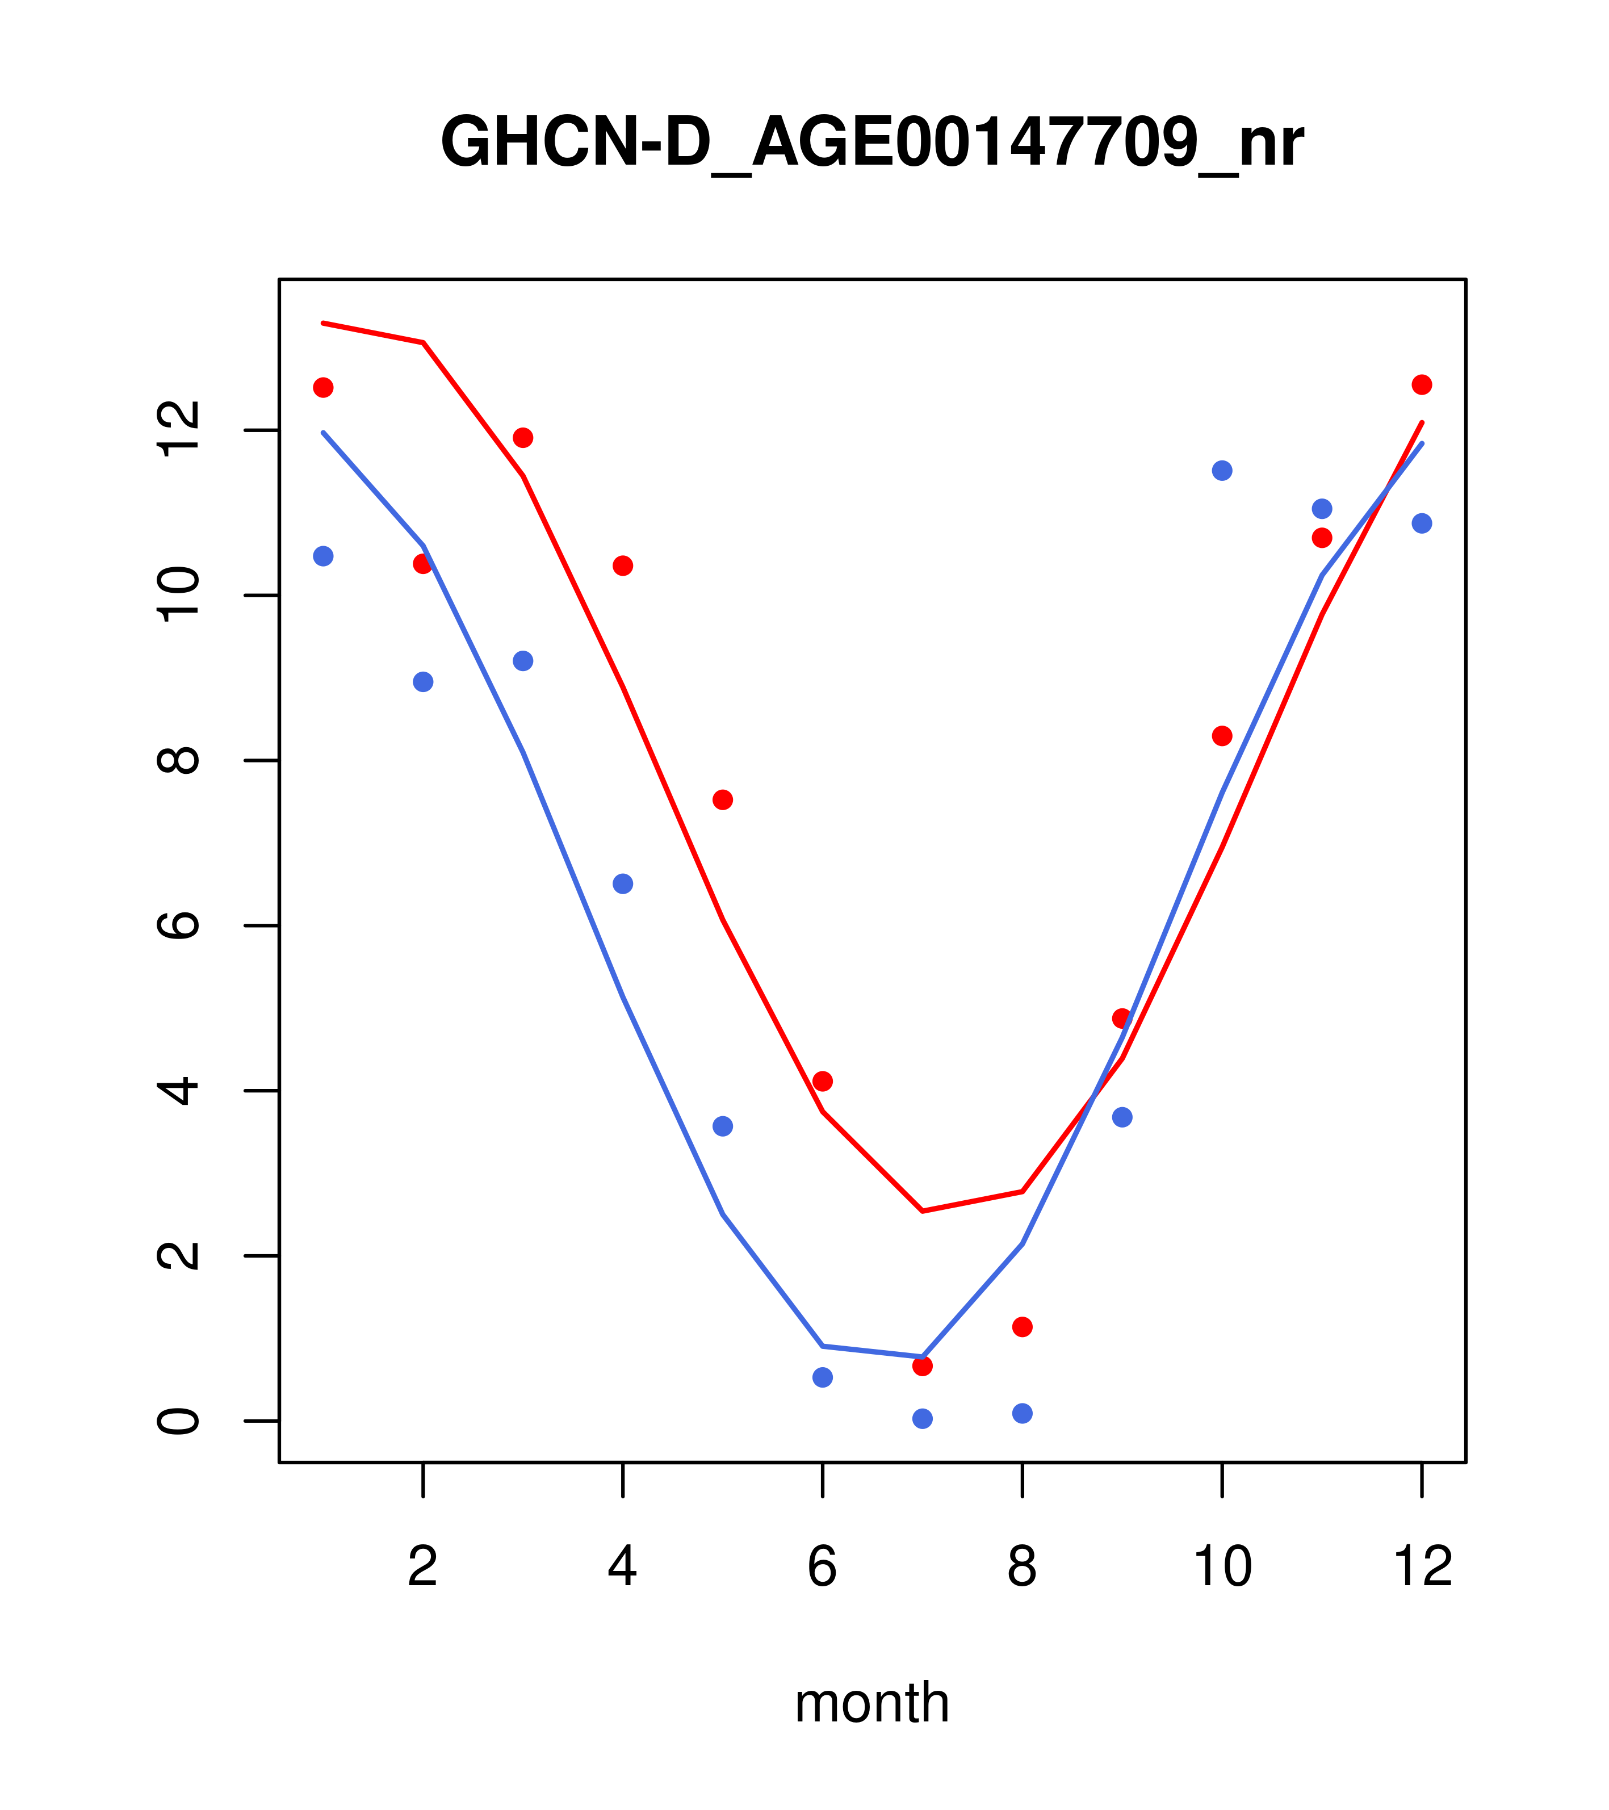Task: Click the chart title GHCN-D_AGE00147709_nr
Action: pyautogui.click(x=871, y=143)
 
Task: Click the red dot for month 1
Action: pyautogui.click(x=323, y=387)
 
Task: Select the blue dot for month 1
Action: pyautogui.click(x=323, y=556)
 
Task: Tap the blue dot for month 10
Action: pyautogui.click(x=1222, y=470)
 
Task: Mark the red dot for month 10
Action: pyautogui.click(x=1222, y=736)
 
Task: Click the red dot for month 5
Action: pyautogui.click(x=723, y=799)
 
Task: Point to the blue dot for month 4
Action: pyautogui.click(x=622, y=884)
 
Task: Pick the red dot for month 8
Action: pyautogui.click(x=1022, y=1326)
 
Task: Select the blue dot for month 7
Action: pyautogui.click(x=922, y=1419)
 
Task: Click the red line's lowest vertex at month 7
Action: pyautogui.click(x=922, y=1210)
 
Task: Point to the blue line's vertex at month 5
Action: pyautogui.click(x=723, y=1214)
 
